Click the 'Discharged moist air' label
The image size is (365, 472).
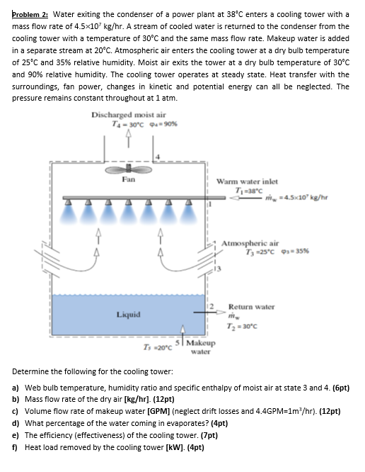129,115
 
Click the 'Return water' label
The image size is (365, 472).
250,307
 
